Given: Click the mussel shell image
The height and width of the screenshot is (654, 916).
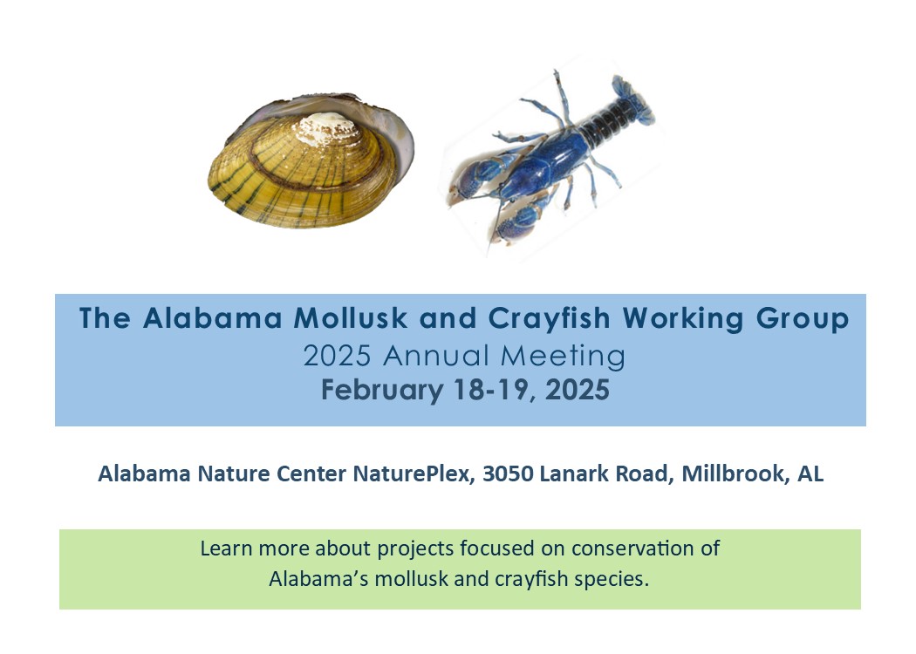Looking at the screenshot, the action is click(311, 161).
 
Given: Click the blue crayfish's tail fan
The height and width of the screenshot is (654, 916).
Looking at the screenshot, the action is click(632, 99).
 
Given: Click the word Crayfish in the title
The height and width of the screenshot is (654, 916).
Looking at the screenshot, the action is click(549, 319).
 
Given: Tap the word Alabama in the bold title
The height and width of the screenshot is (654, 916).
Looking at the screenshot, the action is click(213, 319).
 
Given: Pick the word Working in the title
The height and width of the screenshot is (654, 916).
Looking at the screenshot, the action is click(683, 319).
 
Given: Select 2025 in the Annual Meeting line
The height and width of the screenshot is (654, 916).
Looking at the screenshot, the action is click(337, 356).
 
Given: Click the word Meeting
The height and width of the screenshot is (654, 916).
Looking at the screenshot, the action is click(564, 356).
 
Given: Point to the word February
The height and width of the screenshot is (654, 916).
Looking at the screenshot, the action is click(382, 390).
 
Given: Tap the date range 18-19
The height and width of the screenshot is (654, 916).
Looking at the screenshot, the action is click(495, 390).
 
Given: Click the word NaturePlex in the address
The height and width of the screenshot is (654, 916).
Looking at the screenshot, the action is click(412, 473).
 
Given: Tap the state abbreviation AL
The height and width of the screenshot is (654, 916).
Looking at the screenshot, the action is click(810, 473).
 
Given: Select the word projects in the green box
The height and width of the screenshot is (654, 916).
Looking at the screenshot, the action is click(415, 549).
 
